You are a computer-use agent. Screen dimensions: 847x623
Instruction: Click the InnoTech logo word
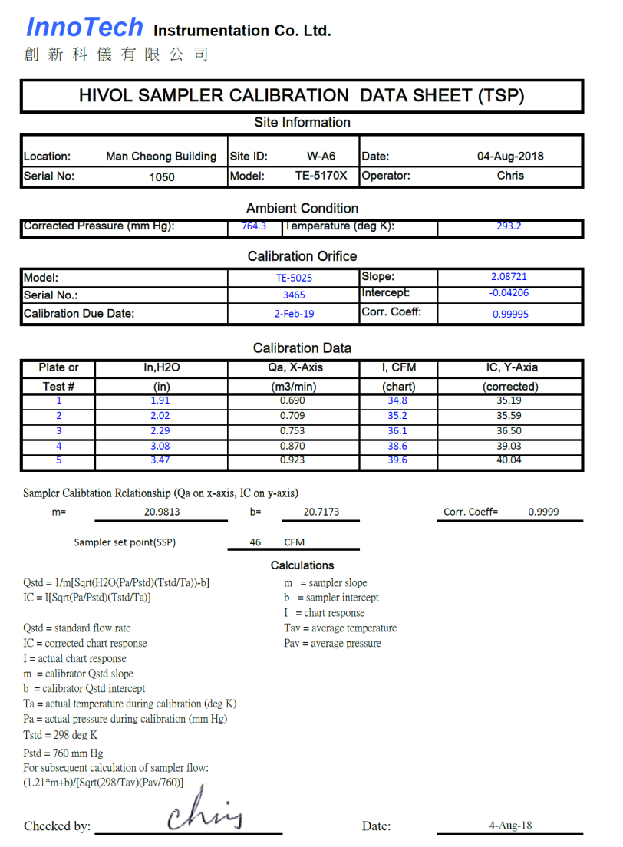tap(84, 28)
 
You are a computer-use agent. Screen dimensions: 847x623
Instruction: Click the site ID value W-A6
tap(321, 157)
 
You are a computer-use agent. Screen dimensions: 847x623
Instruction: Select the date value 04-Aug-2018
tap(510, 157)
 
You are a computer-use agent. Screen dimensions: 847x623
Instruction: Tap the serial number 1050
tap(162, 176)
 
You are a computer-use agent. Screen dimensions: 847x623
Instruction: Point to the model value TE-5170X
tap(321, 176)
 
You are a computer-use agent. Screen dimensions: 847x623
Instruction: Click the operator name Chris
tap(510, 176)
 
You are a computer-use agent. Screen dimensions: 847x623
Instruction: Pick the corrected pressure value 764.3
tap(254, 226)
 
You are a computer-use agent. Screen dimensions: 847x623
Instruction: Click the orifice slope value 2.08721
tap(509, 277)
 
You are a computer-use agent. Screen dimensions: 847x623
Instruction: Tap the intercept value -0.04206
tap(509, 293)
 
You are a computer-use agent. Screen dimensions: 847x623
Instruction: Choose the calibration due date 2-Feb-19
tap(295, 314)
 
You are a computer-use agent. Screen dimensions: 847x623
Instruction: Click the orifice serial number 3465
tap(294, 295)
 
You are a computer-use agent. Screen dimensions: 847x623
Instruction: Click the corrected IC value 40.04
tap(509, 460)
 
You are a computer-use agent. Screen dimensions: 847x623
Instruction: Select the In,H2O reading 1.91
tap(160, 400)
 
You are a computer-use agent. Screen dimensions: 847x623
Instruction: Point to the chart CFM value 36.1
tap(397, 431)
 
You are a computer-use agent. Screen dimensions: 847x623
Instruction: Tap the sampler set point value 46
tap(255, 542)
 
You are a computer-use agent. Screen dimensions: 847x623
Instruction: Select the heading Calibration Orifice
tap(302, 256)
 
